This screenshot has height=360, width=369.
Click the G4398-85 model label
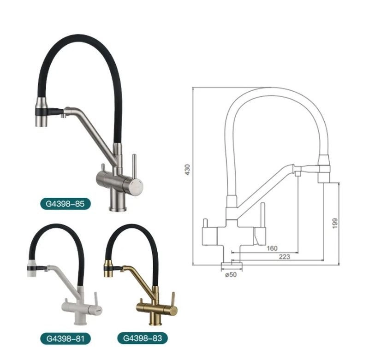[x=65, y=203]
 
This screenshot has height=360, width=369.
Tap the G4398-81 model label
[x=65, y=339]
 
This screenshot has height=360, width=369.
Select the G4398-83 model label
[x=143, y=338]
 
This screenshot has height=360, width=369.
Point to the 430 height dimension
[x=187, y=170]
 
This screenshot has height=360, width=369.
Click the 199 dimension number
[x=335, y=223]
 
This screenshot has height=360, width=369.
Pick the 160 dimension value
[x=272, y=248]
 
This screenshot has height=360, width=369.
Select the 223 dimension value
[x=284, y=257]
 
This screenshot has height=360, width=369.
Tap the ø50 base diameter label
[x=231, y=275]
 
